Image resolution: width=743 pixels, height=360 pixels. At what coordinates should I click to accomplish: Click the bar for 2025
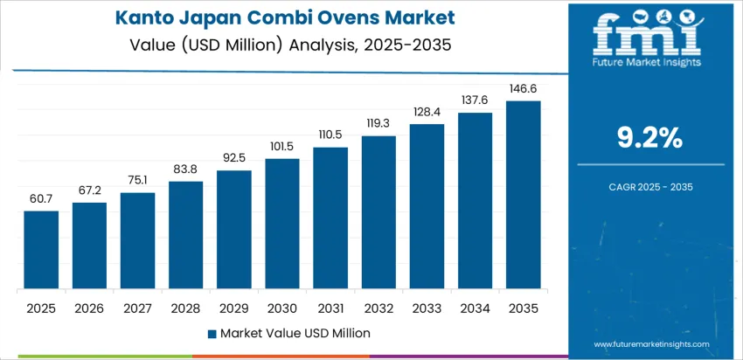click(41, 250)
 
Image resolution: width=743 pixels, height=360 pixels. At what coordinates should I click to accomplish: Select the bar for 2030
click(282, 224)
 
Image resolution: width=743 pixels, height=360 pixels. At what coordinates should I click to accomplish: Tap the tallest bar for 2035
click(523, 195)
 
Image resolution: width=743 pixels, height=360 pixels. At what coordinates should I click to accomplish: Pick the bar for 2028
click(185, 235)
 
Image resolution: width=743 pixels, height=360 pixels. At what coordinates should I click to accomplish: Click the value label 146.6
click(523, 89)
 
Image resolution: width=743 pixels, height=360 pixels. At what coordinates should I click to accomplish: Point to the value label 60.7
click(41, 199)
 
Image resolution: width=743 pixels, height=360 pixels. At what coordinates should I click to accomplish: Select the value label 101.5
click(282, 147)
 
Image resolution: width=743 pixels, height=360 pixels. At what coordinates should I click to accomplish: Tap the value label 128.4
click(427, 113)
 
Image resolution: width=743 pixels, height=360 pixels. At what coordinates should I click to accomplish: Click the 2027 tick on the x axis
click(137, 308)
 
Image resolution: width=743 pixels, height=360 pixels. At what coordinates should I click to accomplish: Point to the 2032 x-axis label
click(378, 308)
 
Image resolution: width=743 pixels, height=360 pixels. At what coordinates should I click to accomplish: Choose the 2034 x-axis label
click(475, 308)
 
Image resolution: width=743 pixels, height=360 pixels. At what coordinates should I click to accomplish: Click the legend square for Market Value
click(212, 333)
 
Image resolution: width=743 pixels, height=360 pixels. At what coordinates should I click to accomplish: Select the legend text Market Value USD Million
click(295, 333)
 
